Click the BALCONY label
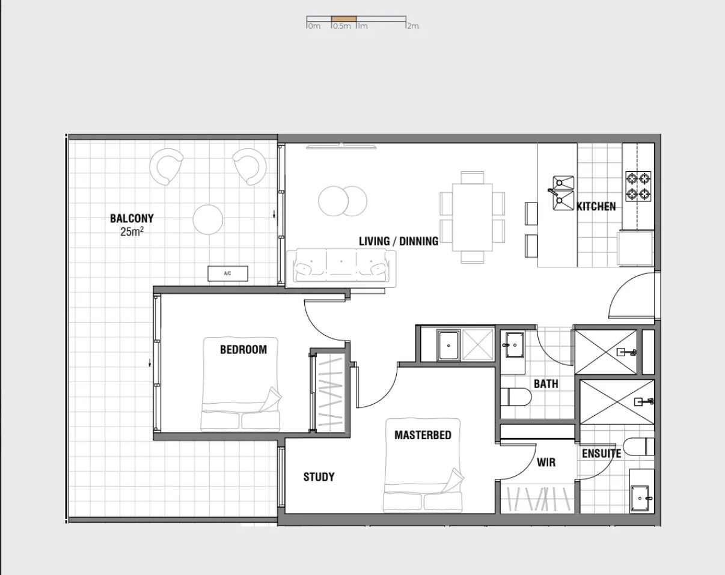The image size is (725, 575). (132, 218)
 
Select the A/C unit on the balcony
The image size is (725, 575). (228, 273)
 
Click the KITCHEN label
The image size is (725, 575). (596, 206)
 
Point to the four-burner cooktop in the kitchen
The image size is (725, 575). (638, 187)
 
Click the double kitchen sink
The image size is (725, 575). (563, 193)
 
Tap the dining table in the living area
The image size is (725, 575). (473, 218)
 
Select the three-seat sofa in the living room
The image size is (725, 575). (341, 268)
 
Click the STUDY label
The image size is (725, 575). (319, 477)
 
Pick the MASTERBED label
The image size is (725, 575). (423, 435)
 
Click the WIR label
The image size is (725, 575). (546, 463)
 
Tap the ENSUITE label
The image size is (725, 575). (601, 454)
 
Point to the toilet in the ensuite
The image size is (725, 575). (638, 446)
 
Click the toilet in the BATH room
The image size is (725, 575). (516, 397)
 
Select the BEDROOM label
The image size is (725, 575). (243, 350)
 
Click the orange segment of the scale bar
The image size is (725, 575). (344, 19)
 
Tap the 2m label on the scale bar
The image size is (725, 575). (413, 26)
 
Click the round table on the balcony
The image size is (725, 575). (208, 220)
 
